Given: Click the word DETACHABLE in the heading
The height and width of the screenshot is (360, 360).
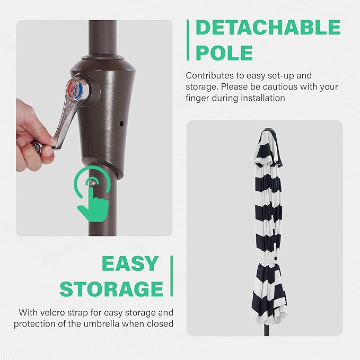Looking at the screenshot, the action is [268, 28].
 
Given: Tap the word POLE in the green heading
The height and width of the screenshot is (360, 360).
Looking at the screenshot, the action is [224, 53].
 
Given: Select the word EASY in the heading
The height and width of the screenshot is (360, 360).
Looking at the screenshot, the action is [130, 264].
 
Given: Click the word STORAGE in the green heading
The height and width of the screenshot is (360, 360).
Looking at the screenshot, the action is [111, 289].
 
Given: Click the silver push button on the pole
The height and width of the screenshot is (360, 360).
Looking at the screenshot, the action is [92, 183].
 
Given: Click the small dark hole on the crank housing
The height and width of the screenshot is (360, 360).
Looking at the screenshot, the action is [121, 124].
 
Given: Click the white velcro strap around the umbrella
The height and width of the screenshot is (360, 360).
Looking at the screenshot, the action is [269, 261].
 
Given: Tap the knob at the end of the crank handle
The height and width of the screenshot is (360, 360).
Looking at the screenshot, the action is [37, 147].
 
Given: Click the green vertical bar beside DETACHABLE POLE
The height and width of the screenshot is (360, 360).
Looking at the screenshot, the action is [188, 40].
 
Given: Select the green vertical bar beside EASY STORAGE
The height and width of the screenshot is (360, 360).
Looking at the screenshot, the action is [171, 276].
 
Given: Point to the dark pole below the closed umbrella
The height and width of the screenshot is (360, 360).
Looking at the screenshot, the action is [267, 330].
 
